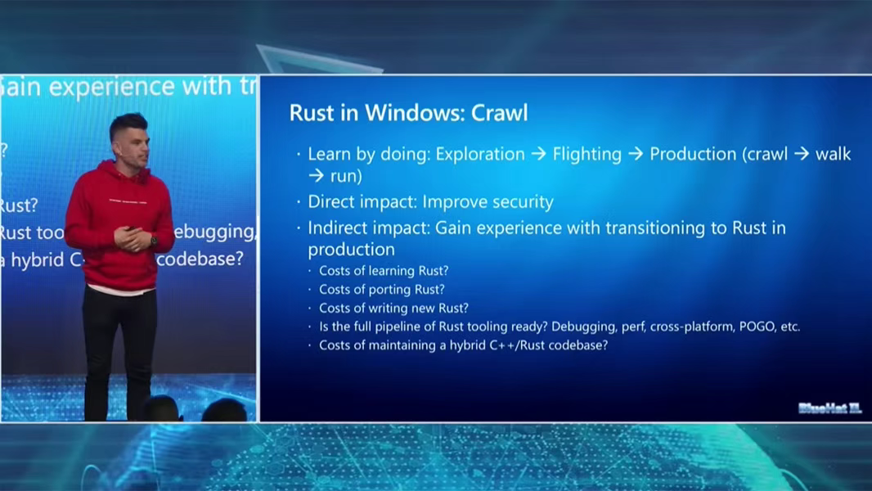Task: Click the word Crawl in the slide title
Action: [x=500, y=113]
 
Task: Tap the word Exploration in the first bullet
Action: [x=480, y=154]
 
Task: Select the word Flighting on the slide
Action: [x=587, y=154]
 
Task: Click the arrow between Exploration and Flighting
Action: [x=538, y=154]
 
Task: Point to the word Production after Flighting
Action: [x=694, y=154]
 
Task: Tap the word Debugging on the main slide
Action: [x=583, y=327]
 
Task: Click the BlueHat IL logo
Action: [x=829, y=408]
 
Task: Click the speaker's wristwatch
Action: [x=154, y=241]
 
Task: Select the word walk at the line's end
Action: [x=833, y=154]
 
